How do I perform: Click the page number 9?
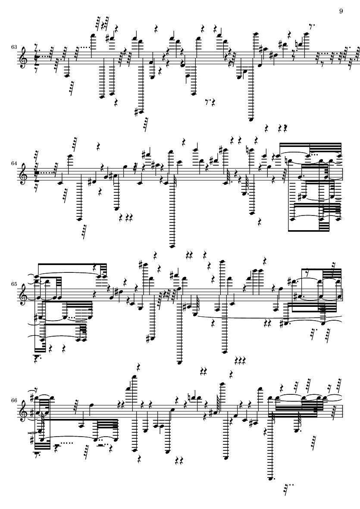(341, 11)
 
